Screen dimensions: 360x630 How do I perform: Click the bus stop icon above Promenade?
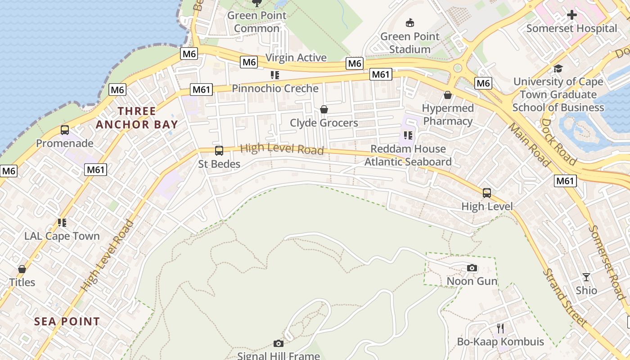[x=65, y=130]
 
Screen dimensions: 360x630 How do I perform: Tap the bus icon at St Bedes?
[x=219, y=151]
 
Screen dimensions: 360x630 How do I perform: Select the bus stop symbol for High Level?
[x=486, y=193]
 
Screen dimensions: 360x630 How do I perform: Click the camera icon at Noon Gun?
[x=472, y=268]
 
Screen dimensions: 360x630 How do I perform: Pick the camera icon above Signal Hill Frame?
[x=279, y=344]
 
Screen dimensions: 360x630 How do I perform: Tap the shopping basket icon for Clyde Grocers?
[x=324, y=109]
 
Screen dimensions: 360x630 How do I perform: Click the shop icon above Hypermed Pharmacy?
[x=447, y=95]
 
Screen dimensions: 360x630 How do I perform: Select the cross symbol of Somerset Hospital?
[x=571, y=15]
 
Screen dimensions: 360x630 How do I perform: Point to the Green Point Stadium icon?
[x=409, y=22]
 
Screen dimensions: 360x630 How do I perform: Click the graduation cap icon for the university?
[x=558, y=68]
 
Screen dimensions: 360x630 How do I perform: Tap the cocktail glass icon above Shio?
[x=586, y=277]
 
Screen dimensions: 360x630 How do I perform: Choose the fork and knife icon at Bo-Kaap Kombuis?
[x=500, y=328]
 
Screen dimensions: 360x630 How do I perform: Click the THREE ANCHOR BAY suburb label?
[x=137, y=118]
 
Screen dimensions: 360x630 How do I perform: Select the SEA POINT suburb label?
[x=67, y=322]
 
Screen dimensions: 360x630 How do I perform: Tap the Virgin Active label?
[x=296, y=58]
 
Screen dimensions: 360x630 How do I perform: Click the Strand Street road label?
[x=564, y=297]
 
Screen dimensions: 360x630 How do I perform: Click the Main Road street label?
[x=529, y=144]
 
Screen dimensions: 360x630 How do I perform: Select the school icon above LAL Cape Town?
[x=62, y=223]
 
